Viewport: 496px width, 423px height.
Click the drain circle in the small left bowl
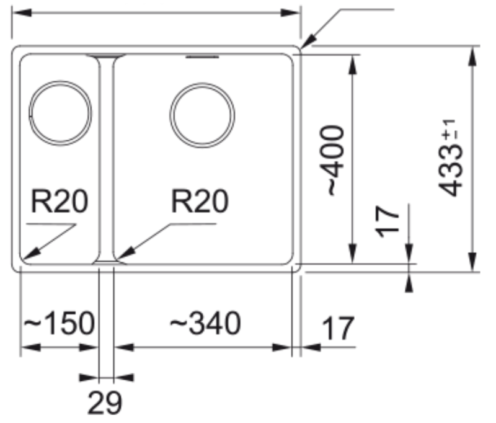point(61,112)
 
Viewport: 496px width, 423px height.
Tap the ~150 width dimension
point(60,324)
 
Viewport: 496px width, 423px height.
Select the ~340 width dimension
point(205,324)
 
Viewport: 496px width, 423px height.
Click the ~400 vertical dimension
point(334,160)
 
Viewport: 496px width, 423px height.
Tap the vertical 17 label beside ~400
point(389,222)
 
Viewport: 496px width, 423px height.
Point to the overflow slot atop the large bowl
point(203,58)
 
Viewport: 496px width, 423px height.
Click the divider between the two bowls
point(107,158)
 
